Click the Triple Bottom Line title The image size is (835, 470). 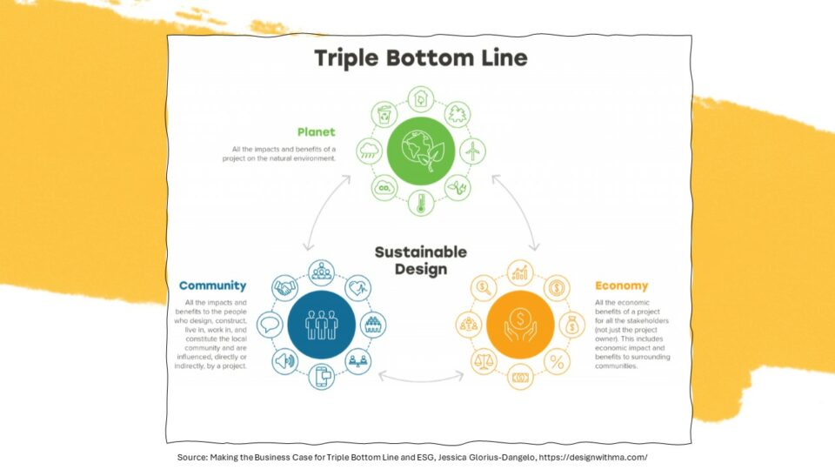click(421, 58)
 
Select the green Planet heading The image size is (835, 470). click(317, 131)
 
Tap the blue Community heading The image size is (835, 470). click(212, 285)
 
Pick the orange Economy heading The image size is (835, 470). click(621, 285)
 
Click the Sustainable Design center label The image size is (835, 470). click(421, 260)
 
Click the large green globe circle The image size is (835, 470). click(421, 151)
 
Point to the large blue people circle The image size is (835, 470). click(321, 325)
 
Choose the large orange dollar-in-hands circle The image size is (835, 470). click(520, 325)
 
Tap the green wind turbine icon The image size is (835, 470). click(472, 151)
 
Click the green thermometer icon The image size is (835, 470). click(421, 203)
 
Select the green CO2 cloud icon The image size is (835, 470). click(384, 188)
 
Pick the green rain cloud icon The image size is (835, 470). click(369, 151)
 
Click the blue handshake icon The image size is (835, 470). click(285, 288)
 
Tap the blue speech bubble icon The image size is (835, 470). click(270, 325)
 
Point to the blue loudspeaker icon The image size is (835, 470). click(285, 361)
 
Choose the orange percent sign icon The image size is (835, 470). click(557, 361)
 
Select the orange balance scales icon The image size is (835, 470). click(484, 361)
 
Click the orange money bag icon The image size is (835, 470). click(572, 325)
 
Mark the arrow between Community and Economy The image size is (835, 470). click(421, 380)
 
